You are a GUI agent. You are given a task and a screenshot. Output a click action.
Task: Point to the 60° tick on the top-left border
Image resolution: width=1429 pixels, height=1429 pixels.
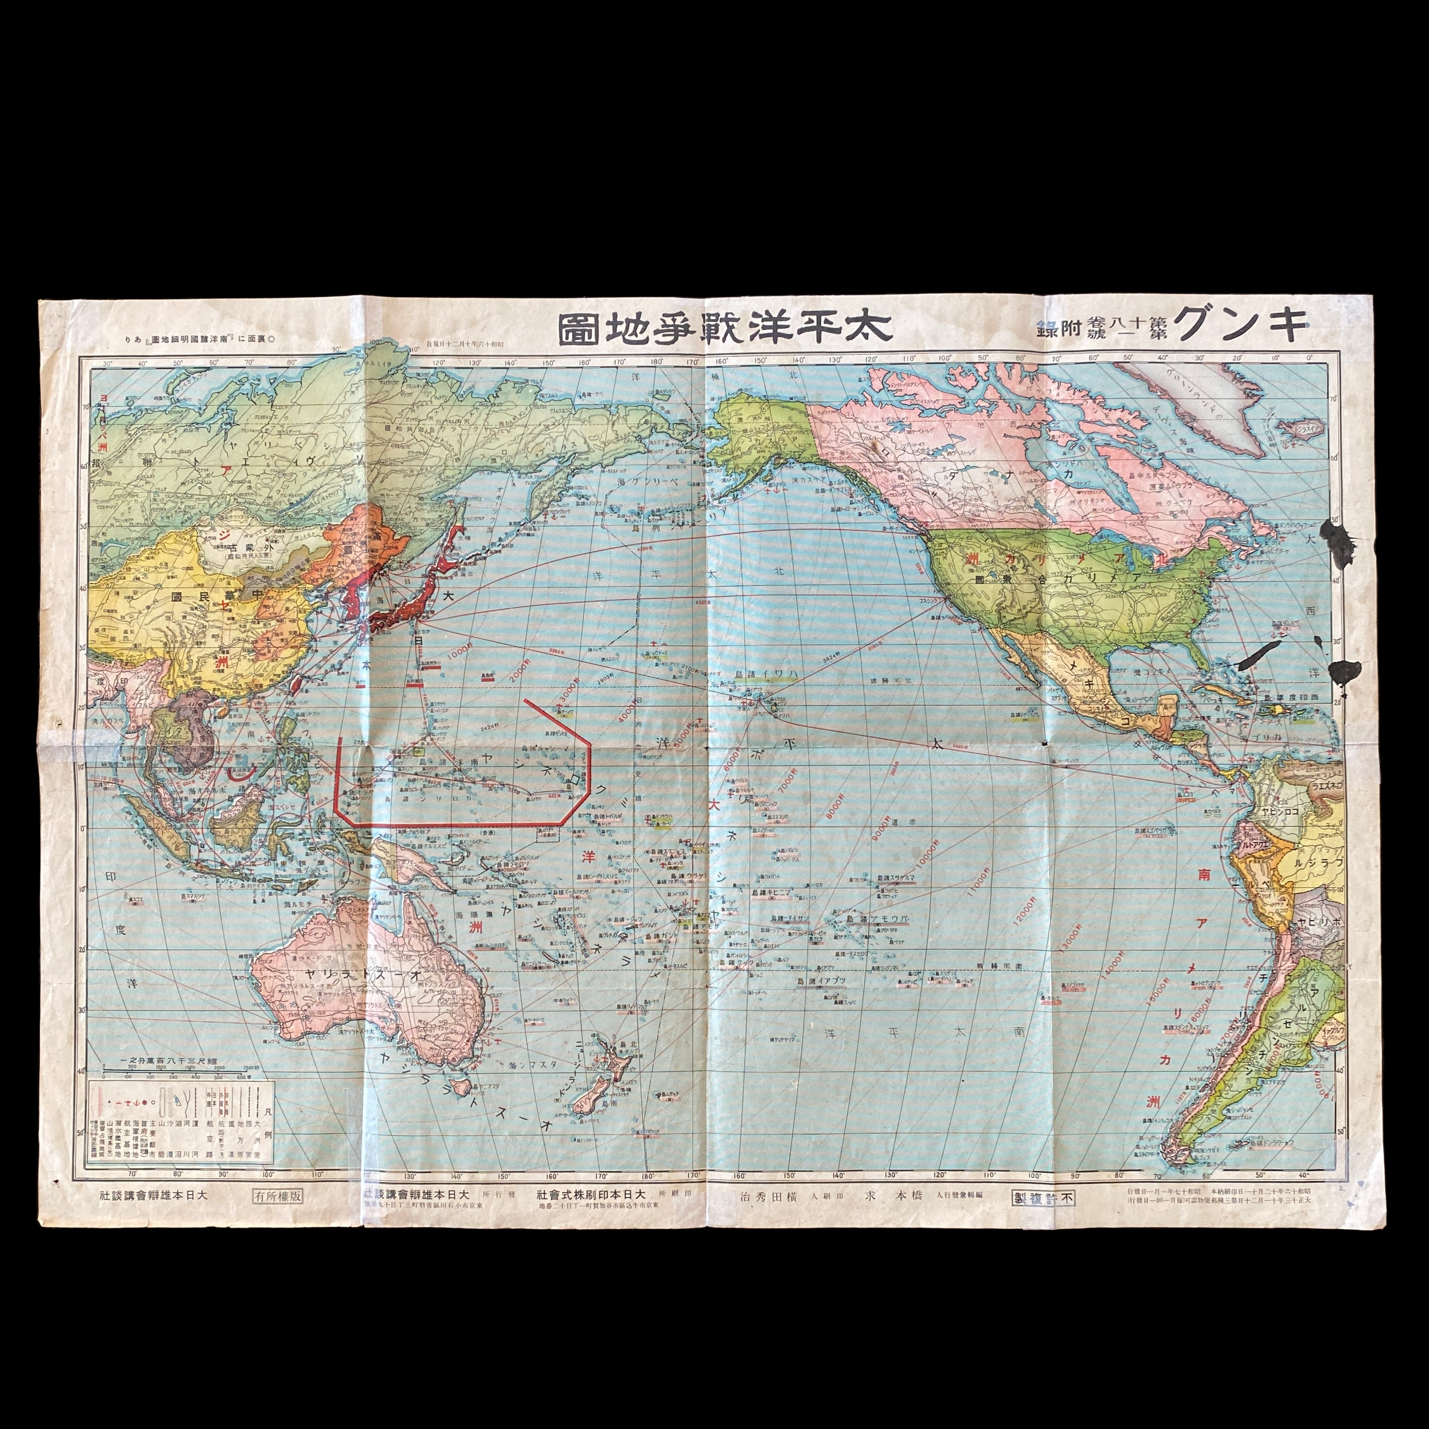coord(214,362)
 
